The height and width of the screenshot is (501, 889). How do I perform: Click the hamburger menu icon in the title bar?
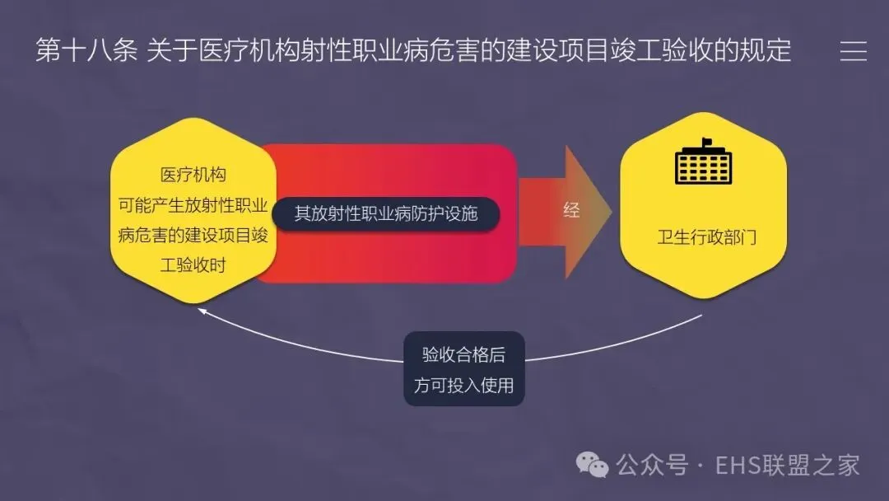(x=854, y=51)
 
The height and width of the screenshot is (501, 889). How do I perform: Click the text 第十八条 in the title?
(x=86, y=51)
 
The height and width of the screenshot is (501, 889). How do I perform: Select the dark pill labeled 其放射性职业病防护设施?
(x=386, y=213)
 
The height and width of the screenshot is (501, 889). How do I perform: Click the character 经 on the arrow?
(x=571, y=210)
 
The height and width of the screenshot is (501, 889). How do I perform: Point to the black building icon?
(x=703, y=162)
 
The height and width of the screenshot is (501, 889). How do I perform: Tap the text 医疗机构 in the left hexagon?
(x=193, y=176)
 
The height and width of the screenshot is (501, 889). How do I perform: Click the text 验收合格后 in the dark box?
(x=463, y=355)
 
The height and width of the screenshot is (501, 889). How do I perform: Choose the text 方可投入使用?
(x=463, y=385)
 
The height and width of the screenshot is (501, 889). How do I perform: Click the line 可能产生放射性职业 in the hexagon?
(x=193, y=205)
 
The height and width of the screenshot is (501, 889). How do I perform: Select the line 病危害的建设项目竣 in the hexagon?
(x=193, y=235)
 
